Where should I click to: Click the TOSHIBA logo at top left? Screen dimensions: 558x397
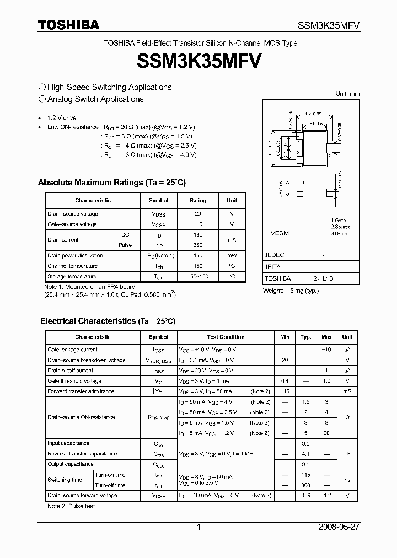pos(68,25)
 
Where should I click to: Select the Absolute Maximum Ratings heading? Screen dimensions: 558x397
pos(111,183)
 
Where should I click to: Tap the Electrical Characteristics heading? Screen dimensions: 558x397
pos(108,321)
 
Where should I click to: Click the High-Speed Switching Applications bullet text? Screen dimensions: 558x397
pos(109,87)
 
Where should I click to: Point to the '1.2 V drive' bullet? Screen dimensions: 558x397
pos(62,118)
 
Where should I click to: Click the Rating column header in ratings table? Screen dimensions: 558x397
pos(198,201)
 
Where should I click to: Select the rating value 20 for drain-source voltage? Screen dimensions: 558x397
pos(198,213)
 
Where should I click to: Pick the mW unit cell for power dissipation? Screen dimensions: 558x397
pos(232,255)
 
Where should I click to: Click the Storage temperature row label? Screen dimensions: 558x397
pos(72,276)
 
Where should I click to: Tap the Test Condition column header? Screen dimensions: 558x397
pos(226,337)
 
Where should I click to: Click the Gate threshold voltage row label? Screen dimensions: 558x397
pos(74,381)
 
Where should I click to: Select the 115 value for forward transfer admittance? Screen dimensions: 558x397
pos(285,391)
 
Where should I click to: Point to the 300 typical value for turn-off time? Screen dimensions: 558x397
pos(305,485)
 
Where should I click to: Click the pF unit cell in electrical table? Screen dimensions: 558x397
pos(347,454)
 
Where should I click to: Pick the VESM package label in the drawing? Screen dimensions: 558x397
pos(280,233)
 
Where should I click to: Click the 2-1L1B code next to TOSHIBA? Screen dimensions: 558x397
pos(323,278)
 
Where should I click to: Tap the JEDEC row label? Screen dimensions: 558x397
pos(274,255)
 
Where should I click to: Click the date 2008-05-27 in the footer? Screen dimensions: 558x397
pos(339,527)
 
